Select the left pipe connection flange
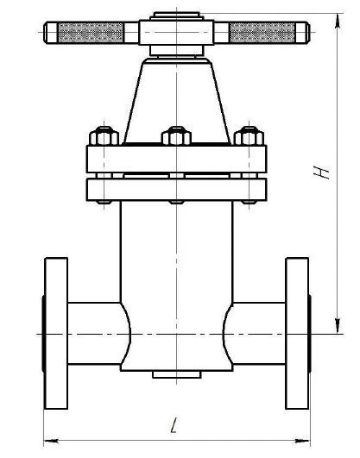click(55, 332)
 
